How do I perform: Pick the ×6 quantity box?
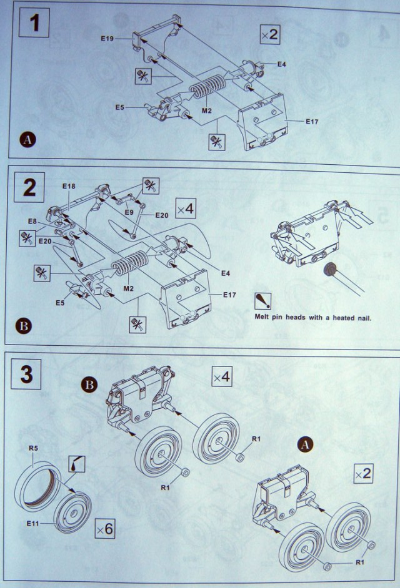(x=105, y=529)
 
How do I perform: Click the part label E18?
(x=68, y=187)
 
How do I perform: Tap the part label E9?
(x=129, y=212)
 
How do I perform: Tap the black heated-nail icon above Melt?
(x=261, y=301)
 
